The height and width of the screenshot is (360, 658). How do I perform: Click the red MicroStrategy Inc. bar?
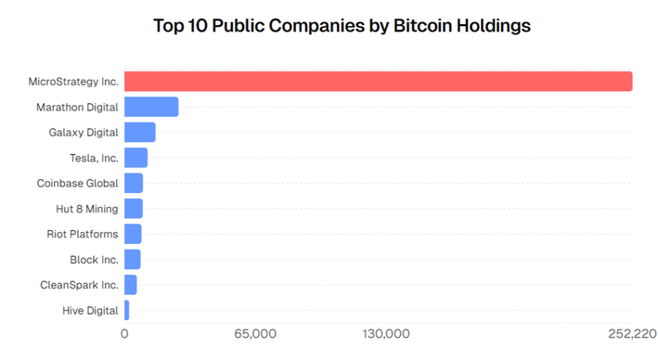click(x=378, y=82)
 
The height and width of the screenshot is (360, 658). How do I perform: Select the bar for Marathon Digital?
click(x=150, y=107)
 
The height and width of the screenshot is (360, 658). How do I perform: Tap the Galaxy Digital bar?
click(x=139, y=133)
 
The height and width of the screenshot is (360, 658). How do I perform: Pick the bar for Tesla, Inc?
click(x=135, y=158)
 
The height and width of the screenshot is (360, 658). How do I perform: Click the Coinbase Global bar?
click(x=134, y=183)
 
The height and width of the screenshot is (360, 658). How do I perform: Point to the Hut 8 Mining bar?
click(x=134, y=209)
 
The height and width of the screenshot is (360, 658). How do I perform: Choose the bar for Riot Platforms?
click(x=133, y=234)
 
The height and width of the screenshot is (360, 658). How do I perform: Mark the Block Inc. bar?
click(x=132, y=259)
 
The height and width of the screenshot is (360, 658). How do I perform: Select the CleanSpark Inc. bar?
click(x=130, y=285)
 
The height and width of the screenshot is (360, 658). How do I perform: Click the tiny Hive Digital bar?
click(x=126, y=310)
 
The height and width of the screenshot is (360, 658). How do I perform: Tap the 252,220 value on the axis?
click(x=631, y=334)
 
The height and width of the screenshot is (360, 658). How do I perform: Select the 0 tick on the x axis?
click(x=124, y=334)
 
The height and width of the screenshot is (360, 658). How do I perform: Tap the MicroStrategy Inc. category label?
click(x=73, y=82)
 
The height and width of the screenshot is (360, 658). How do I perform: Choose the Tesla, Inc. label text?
click(x=94, y=158)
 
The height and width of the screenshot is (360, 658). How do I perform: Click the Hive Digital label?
click(x=90, y=310)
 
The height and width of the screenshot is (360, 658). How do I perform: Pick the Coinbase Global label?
click(x=78, y=183)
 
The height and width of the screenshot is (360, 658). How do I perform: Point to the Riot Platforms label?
click(x=83, y=234)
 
